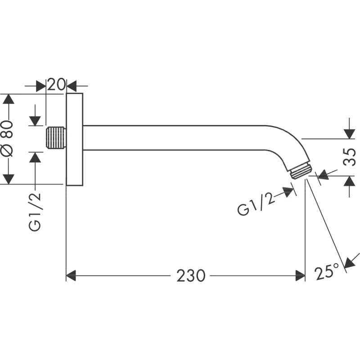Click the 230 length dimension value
click(190, 275)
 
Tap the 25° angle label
click(327, 272)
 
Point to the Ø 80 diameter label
click(10, 139)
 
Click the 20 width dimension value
click(56, 85)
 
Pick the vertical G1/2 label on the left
click(36, 212)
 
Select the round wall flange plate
click(75, 139)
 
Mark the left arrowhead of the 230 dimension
click(71, 275)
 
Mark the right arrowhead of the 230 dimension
click(300, 275)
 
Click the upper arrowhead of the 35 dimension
click(349, 134)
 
